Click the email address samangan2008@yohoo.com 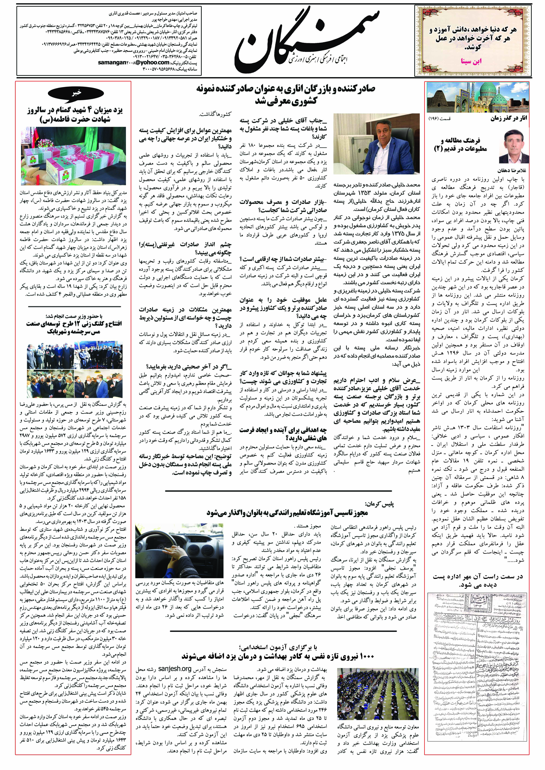pos(134,62)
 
